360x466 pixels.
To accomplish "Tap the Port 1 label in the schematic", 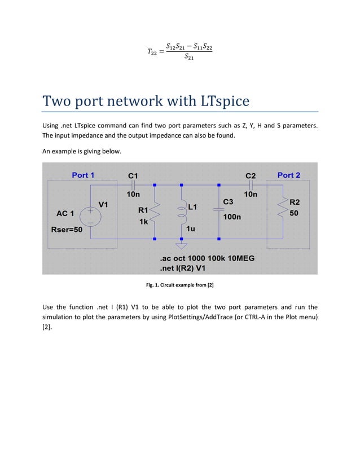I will coord(83,175).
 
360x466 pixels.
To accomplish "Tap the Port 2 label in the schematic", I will coord(288,175).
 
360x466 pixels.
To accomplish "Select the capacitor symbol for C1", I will coord(133,184).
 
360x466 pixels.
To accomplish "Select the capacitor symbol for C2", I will coord(252,184).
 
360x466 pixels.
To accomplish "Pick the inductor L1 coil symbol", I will coord(181,212).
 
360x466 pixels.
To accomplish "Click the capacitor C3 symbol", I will coord(218,209).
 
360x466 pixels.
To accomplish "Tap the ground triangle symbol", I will coord(181,245).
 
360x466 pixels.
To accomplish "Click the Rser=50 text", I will coord(67,230).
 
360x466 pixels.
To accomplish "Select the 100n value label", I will coord(232,216).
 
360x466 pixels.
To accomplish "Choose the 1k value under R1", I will coord(144,222).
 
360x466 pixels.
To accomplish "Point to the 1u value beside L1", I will coord(190,229).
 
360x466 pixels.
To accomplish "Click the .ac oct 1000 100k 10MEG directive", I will coord(208,258).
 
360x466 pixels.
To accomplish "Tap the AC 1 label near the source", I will coord(65,213).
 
